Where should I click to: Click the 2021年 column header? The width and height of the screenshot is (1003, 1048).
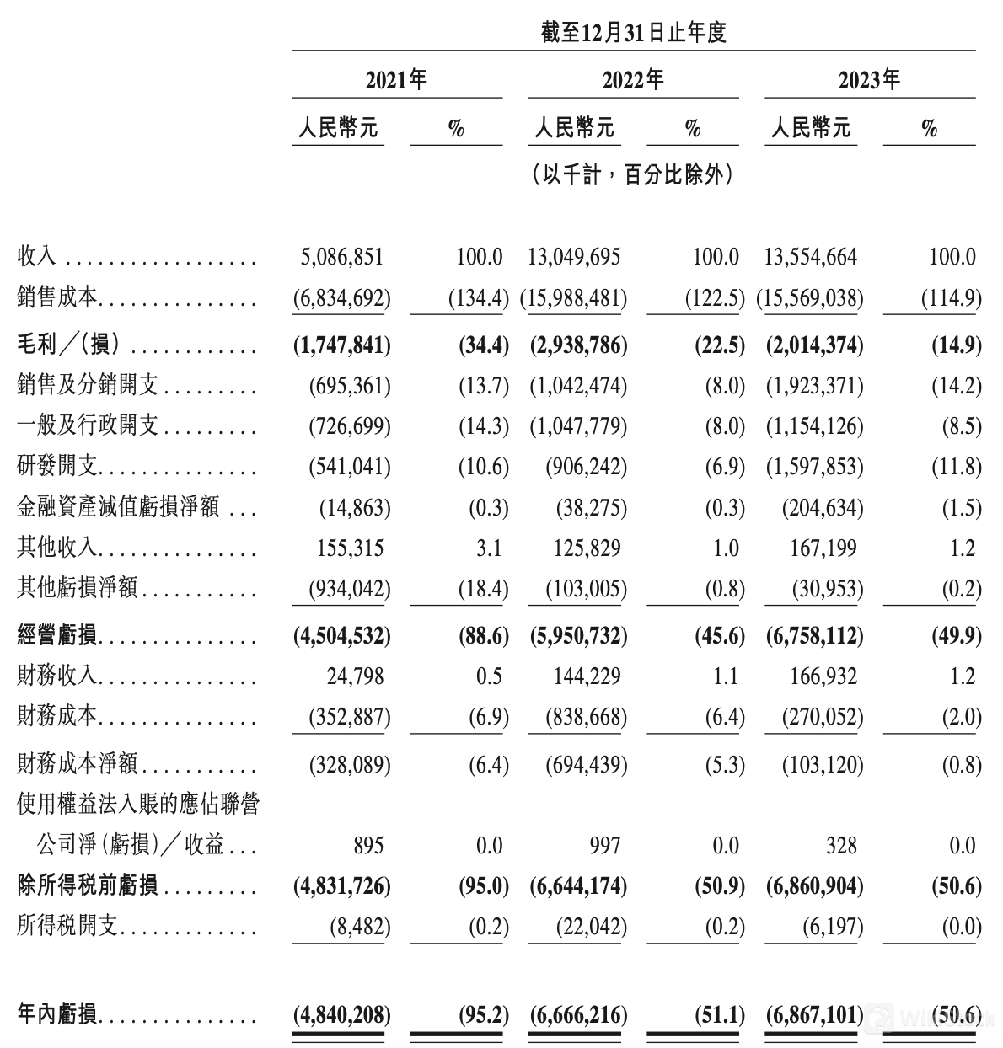click(396, 80)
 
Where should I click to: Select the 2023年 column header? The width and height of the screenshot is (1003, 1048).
click(869, 80)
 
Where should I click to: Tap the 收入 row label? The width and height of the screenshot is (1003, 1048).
click(36, 256)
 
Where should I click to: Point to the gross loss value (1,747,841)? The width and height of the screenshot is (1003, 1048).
click(342, 345)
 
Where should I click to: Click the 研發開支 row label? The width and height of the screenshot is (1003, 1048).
click(56, 467)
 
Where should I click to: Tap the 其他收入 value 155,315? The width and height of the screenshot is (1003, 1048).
click(347, 548)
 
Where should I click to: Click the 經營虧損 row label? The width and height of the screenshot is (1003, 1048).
click(56, 635)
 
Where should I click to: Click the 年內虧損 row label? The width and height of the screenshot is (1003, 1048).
click(56, 1014)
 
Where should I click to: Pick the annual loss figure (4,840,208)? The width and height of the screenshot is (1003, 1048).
click(342, 1014)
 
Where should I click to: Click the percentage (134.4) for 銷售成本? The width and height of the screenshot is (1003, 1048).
click(478, 297)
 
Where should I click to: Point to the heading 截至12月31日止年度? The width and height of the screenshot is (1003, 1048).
click(633, 33)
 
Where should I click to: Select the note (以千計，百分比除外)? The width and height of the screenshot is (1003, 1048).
click(633, 175)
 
